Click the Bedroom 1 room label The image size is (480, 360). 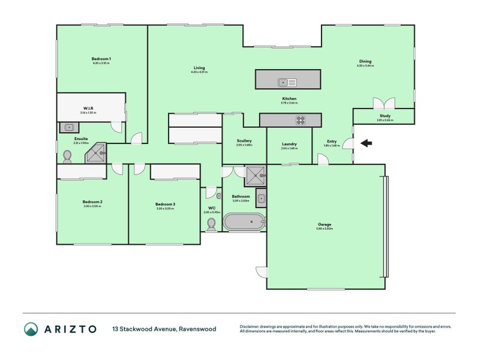tap(101, 58)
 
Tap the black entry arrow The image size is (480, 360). tap(366, 143)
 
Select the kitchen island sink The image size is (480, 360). tap(287, 82)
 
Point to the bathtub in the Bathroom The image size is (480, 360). tap(243, 223)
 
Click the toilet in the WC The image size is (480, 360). tap(211, 224)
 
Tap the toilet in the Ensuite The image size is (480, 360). tap(67, 157)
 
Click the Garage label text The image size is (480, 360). tap(325, 224)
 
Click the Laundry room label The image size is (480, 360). tap(289, 144)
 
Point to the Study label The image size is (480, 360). tap(385, 116)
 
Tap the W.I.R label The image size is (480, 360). tap(87, 108)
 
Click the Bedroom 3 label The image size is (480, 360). tap(166, 204)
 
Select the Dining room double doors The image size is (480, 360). tap(383, 103)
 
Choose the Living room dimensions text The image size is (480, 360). tap(199, 72)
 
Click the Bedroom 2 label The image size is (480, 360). tap(92, 202)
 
